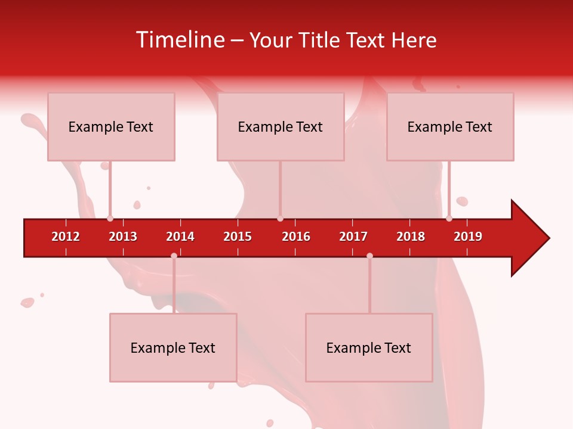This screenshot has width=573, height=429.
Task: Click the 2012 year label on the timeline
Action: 66,237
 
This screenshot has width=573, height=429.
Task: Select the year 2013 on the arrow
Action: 123,237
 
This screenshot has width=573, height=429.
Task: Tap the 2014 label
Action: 180,237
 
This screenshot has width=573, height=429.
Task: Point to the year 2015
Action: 238,237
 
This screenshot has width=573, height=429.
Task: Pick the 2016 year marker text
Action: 296,237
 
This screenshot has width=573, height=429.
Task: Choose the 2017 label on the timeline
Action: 353,237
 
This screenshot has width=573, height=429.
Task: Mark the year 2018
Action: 411,237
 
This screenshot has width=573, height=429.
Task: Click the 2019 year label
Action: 468,237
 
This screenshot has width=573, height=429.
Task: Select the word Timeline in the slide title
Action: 180,40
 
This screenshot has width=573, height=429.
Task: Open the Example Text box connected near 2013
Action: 111,126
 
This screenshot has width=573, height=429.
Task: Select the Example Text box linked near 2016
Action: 281,126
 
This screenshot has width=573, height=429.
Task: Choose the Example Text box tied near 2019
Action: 450,126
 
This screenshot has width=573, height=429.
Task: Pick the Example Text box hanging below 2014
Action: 173,347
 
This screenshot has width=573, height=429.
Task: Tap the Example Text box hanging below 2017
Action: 369,347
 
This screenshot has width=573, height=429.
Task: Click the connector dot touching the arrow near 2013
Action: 110,219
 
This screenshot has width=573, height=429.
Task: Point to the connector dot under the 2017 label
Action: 369,256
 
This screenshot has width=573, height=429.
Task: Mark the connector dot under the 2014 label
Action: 174,256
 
